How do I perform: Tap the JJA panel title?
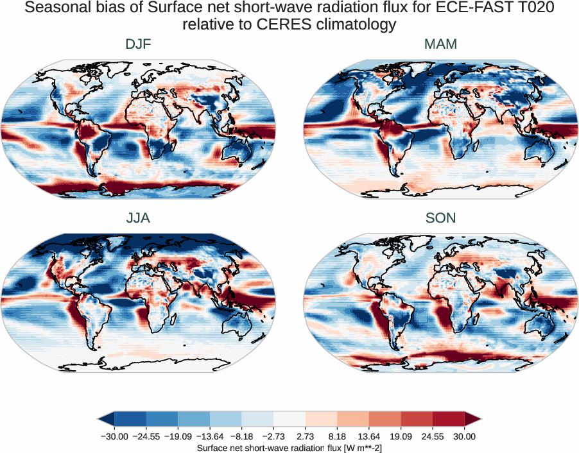tap(138, 218)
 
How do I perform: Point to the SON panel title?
tap(440, 218)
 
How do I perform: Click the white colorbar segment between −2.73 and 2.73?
tap(289, 419)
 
